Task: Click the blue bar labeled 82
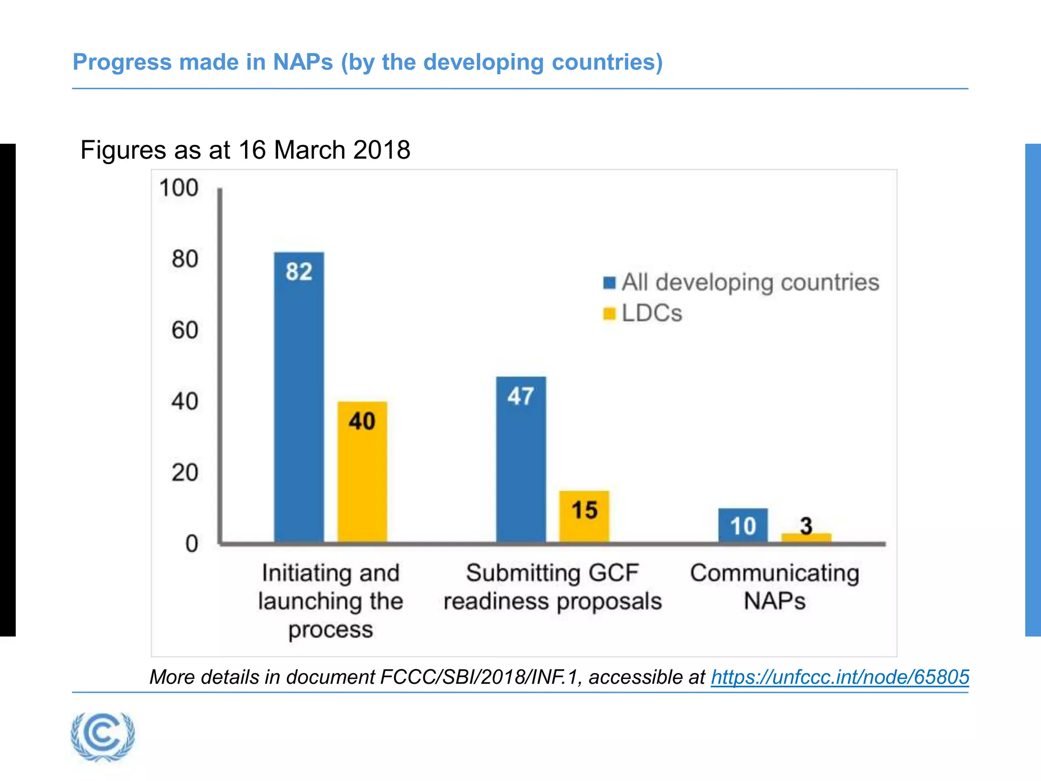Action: click(x=299, y=397)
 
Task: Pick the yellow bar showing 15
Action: click(x=584, y=516)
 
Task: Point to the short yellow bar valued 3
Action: click(x=806, y=538)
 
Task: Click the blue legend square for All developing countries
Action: click(x=609, y=283)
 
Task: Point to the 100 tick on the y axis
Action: click(x=178, y=188)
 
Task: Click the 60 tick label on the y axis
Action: click(x=185, y=330)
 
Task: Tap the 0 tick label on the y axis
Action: click(x=192, y=544)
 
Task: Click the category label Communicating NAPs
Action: click(x=774, y=587)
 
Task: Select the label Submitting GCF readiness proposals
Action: click(x=553, y=587)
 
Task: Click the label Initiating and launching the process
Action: click(x=330, y=600)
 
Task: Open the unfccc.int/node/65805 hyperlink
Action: click(x=840, y=677)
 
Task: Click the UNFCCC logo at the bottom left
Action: click(x=103, y=736)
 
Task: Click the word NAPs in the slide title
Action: click(x=303, y=62)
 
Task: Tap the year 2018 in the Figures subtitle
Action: click(x=382, y=150)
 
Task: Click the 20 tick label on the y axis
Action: click(x=185, y=473)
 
